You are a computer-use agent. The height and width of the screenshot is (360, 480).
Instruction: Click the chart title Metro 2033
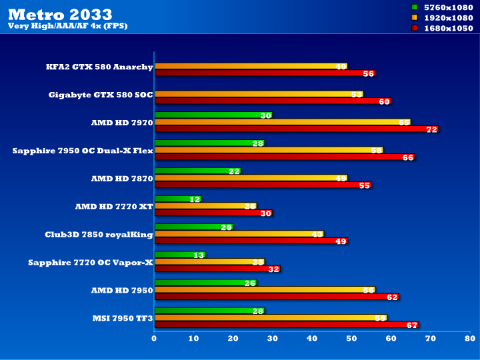coord(60,14)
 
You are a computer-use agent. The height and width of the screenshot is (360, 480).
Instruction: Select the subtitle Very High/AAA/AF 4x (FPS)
coord(67,26)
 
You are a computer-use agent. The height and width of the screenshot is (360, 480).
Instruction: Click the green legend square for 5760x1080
coord(414,7)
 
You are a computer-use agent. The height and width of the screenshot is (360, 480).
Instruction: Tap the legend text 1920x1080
coord(448,17)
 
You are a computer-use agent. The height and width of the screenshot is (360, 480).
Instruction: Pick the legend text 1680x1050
coord(448,28)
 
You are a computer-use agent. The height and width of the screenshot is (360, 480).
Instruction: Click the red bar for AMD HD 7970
coord(296,129)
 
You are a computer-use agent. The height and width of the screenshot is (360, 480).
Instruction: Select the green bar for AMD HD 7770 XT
coord(177,199)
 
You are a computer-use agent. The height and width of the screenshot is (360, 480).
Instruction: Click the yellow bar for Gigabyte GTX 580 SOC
coord(258,94)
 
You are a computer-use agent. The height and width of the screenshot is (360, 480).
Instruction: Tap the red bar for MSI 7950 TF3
coord(286,325)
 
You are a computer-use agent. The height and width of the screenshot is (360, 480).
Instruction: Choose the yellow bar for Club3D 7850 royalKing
coord(238,234)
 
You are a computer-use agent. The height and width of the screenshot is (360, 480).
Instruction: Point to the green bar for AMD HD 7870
coord(197,171)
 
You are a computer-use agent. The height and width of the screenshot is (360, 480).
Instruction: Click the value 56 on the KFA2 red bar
coord(369,74)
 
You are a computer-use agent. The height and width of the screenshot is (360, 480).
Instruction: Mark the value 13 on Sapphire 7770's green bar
coord(199,255)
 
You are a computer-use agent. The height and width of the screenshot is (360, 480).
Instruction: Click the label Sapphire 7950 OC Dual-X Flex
coord(83,151)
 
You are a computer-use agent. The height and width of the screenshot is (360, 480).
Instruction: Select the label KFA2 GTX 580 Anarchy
coord(99,67)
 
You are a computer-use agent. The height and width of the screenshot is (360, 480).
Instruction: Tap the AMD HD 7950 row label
coord(122,291)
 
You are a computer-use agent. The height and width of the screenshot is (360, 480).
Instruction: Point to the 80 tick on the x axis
coord(470,339)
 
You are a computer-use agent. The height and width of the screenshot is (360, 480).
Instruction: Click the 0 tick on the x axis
coord(155,339)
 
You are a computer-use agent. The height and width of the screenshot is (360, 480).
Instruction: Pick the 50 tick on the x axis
coord(351,339)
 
